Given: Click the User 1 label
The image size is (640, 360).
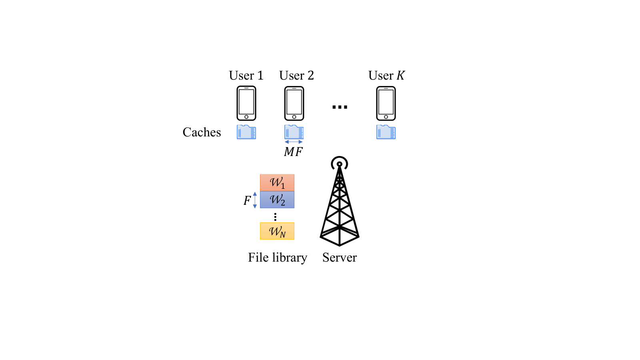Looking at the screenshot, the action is click(x=246, y=76).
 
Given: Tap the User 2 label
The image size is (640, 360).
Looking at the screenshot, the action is click(x=296, y=76).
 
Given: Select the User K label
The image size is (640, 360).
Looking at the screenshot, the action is click(x=386, y=76).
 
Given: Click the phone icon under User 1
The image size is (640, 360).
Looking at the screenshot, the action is click(x=246, y=103).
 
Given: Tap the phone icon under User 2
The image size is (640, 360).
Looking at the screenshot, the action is click(x=294, y=103).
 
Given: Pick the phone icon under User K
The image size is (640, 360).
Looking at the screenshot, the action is click(x=386, y=103).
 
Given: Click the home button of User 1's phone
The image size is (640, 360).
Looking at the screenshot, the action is click(x=246, y=117).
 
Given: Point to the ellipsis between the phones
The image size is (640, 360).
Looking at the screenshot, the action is click(x=340, y=107).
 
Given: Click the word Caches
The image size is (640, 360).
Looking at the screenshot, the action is click(x=202, y=132).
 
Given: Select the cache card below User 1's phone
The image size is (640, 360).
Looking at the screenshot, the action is click(x=246, y=132).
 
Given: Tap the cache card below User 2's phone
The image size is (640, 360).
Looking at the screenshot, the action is click(x=294, y=132).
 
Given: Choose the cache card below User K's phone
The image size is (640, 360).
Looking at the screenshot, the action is click(x=386, y=132).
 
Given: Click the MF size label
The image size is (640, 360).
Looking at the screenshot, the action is click(x=293, y=152).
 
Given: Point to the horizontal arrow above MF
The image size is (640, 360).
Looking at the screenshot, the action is click(x=294, y=142).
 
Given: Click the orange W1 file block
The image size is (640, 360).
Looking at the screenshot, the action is click(x=277, y=182).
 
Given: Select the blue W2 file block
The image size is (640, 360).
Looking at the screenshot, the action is click(x=277, y=200).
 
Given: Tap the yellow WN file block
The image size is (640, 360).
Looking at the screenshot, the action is click(x=277, y=231).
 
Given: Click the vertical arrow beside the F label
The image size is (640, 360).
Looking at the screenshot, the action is click(x=255, y=200).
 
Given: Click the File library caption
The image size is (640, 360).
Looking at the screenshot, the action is click(x=278, y=258).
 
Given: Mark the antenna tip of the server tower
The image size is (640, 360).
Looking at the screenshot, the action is click(x=340, y=164).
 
